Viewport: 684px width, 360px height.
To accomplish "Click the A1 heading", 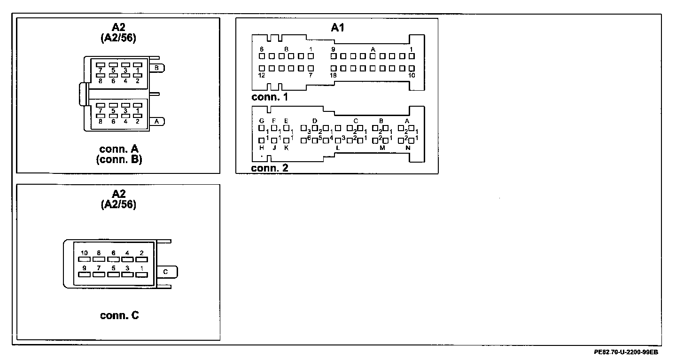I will tap(337, 28).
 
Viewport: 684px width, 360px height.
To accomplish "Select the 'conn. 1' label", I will tap(270, 97).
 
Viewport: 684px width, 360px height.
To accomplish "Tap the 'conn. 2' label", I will tap(270, 168).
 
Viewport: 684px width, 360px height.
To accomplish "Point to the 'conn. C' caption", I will tap(119, 315).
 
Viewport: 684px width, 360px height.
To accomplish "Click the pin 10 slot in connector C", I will tap(84, 259).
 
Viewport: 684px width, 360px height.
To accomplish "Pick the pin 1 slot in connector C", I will tap(141, 274).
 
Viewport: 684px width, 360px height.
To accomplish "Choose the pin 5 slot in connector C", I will tap(113, 274).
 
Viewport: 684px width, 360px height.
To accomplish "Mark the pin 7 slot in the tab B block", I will tap(101, 65).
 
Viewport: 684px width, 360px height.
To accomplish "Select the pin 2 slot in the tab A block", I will tap(137, 115).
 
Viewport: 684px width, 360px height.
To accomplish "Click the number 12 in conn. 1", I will tap(262, 75).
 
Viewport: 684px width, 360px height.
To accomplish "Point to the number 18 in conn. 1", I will tap(333, 75).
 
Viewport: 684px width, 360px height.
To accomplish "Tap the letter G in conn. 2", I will tap(262, 121).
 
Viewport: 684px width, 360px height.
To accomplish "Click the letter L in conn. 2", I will tap(337, 148).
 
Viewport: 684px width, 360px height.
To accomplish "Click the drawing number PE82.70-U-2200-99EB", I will tap(626, 352).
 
